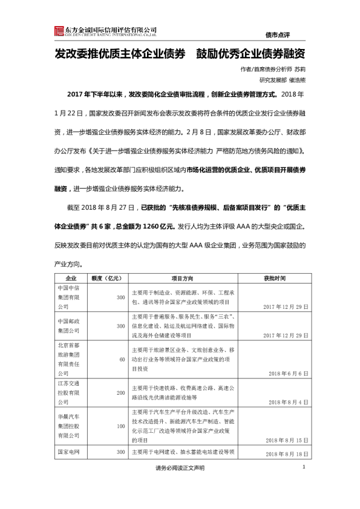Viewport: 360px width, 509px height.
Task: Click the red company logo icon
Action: point(59,31)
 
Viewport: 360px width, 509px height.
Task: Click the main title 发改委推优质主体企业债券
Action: point(120,53)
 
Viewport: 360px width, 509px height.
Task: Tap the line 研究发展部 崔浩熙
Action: point(282,79)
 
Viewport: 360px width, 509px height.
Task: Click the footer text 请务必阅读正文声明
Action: point(180,468)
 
